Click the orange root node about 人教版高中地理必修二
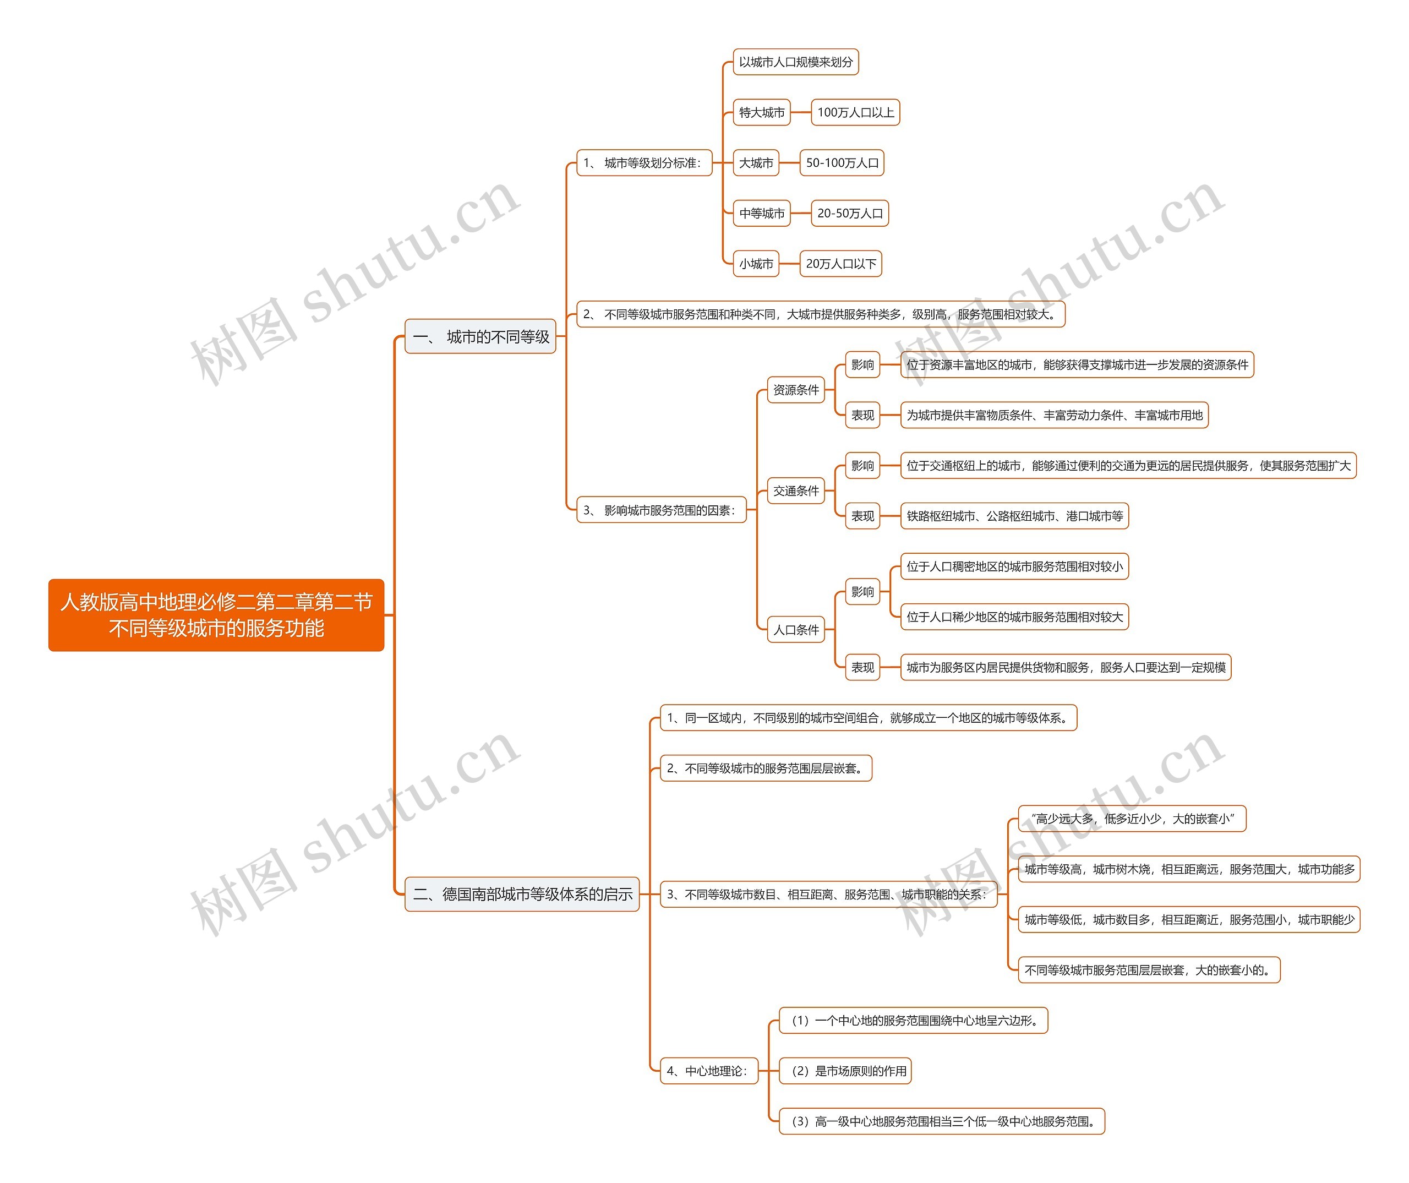(216, 615)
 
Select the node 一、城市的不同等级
(480, 336)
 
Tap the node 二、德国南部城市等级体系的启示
(522, 894)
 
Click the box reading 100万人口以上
(855, 112)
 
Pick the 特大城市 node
(762, 112)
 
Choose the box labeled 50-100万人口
(842, 163)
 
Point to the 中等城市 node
(762, 214)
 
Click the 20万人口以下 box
(840, 264)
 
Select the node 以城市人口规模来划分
(795, 62)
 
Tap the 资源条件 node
(796, 390)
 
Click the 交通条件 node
(796, 490)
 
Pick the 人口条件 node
(796, 629)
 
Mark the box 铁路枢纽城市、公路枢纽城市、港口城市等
(1014, 516)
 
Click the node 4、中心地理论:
(708, 1071)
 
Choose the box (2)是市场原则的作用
(845, 1071)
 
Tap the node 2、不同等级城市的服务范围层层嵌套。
(766, 768)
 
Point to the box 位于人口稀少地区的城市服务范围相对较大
(1014, 617)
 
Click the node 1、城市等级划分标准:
(643, 163)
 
